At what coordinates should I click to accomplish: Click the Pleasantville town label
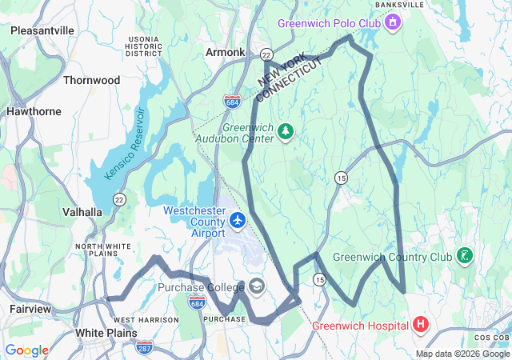coord(42,30)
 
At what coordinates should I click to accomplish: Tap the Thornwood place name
coord(91,80)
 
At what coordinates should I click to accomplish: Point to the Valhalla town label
coord(82,212)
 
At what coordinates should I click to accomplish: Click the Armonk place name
coord(225,52)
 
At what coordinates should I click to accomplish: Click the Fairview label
coord(30,308)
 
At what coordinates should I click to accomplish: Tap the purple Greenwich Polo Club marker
coord(392,23)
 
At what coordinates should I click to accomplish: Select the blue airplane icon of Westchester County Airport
coord(238,218)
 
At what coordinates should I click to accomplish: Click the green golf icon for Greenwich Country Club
coord(464,257)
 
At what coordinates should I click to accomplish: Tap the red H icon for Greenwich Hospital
coord(421,325)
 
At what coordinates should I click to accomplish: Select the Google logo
coord(27,350)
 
